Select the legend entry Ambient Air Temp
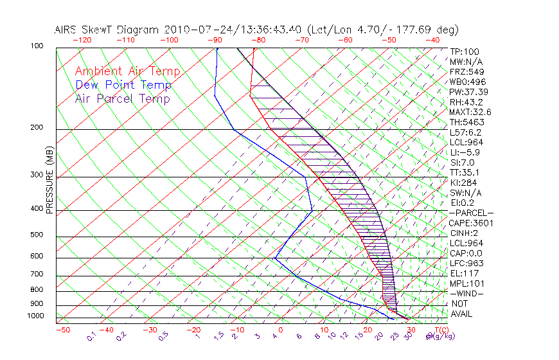127,71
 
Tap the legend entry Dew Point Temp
123,85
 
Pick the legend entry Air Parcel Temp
123,98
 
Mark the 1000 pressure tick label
36,316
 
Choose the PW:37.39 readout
470,92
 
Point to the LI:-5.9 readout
465,152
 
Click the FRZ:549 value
466,72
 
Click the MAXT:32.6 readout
470,112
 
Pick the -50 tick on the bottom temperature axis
63,330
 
